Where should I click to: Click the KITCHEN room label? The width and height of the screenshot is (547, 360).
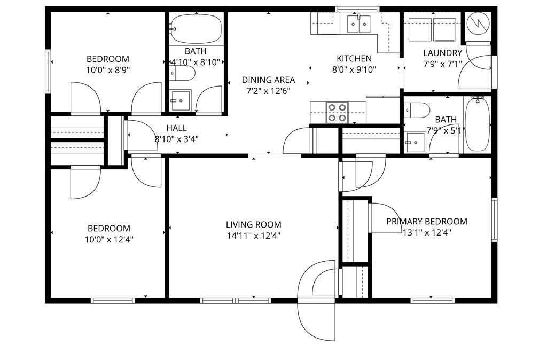354,58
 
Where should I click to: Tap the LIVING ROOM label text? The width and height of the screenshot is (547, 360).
253,225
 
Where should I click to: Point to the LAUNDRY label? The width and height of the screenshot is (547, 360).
442,53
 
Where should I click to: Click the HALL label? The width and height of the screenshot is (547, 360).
176,128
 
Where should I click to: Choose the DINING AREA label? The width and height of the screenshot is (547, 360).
268,80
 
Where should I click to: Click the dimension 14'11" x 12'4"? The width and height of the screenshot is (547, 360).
253,236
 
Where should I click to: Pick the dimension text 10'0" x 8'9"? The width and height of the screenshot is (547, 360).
108,69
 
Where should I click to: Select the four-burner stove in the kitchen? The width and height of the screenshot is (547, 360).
337,113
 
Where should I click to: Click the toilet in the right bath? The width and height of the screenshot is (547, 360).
417,111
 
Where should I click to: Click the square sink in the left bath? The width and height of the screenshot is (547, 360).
181,99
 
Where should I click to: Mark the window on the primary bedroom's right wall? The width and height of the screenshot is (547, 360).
494,220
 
